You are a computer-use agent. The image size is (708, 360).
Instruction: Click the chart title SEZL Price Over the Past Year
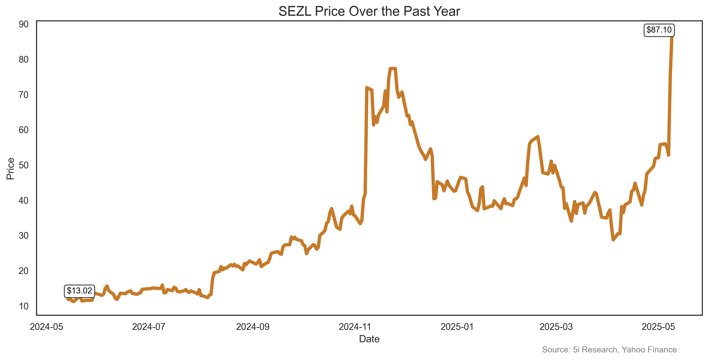pos(369,12)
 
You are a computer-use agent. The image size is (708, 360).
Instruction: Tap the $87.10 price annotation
pos(659,30)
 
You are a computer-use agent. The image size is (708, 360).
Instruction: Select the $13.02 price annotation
pos(79,291)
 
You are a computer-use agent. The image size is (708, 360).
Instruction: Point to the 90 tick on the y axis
pos(24,25)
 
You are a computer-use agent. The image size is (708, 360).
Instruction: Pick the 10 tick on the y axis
pos(24,306)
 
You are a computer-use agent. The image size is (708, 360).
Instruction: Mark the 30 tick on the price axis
pos(24,236)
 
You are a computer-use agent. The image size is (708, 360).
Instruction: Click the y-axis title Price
pos(10,169)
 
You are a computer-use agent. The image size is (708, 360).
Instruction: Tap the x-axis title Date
pos(369,339)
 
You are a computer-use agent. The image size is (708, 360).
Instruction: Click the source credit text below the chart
pos(609,350)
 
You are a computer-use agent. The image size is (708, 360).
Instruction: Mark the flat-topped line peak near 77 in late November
pos(393,68)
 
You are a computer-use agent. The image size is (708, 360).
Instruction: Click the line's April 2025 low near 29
pos(613,240)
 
